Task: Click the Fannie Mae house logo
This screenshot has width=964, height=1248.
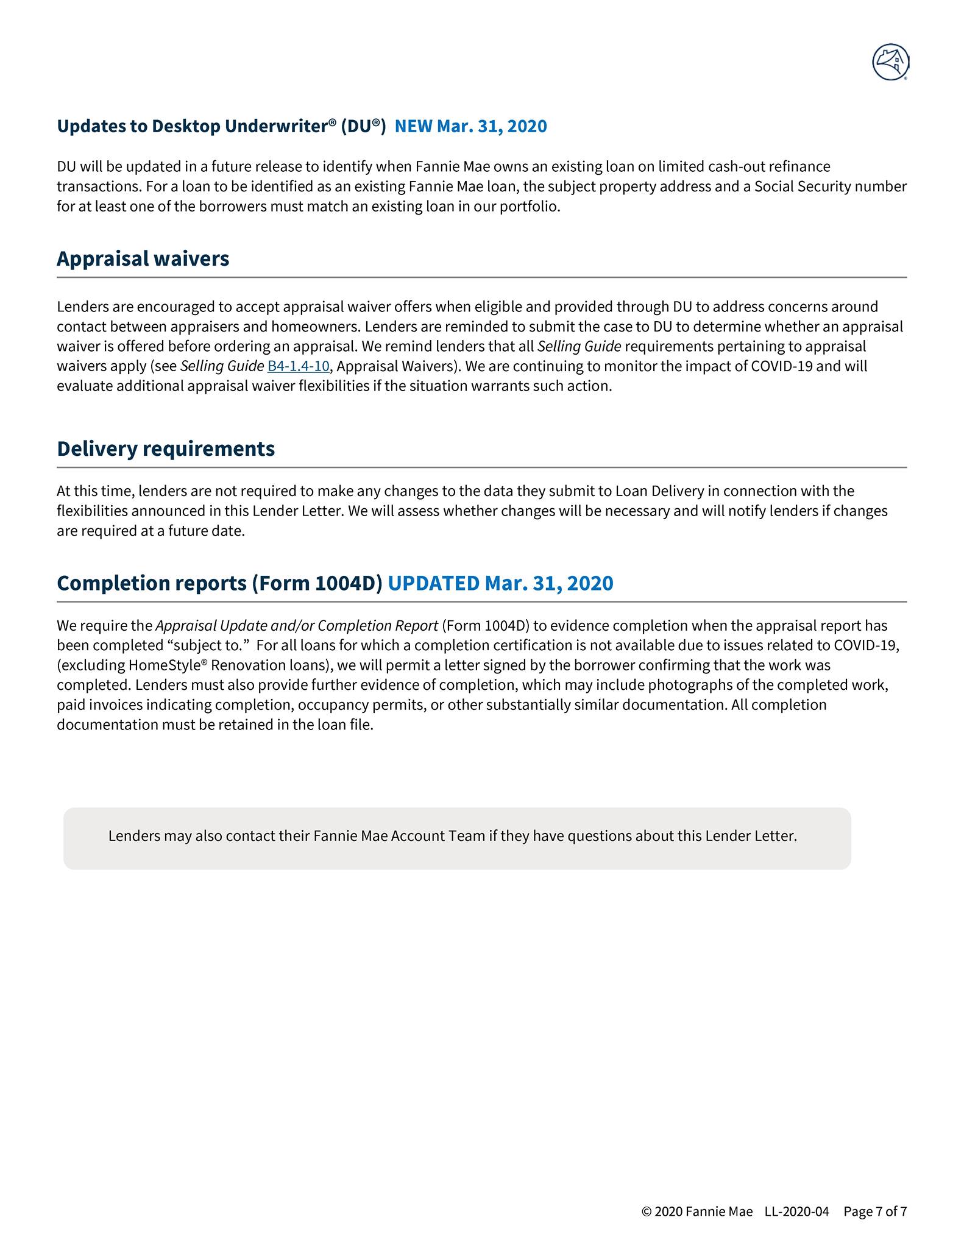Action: [x=890, y=62]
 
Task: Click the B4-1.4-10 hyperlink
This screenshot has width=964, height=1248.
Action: [x=298, y=366]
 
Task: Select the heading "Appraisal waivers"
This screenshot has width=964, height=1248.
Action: [x=143, y=258]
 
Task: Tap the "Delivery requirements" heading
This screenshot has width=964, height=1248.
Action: [x=166, y=448]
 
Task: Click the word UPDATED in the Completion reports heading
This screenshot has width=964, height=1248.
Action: [x=433, y=583]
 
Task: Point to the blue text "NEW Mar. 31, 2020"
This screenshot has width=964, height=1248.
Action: [x=470, y=126]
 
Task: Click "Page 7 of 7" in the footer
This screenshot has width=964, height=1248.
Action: [x=874, y=1211]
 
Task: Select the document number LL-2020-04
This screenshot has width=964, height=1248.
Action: [x=796, y=1211]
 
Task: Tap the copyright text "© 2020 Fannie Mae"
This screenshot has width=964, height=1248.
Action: [x=697, y=1211]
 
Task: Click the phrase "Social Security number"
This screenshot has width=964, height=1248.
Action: [x=830, y=186]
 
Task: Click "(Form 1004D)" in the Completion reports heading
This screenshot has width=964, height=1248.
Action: [x=317, y=583]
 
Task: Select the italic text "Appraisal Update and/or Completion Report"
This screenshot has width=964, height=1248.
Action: [x=297, y=626]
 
